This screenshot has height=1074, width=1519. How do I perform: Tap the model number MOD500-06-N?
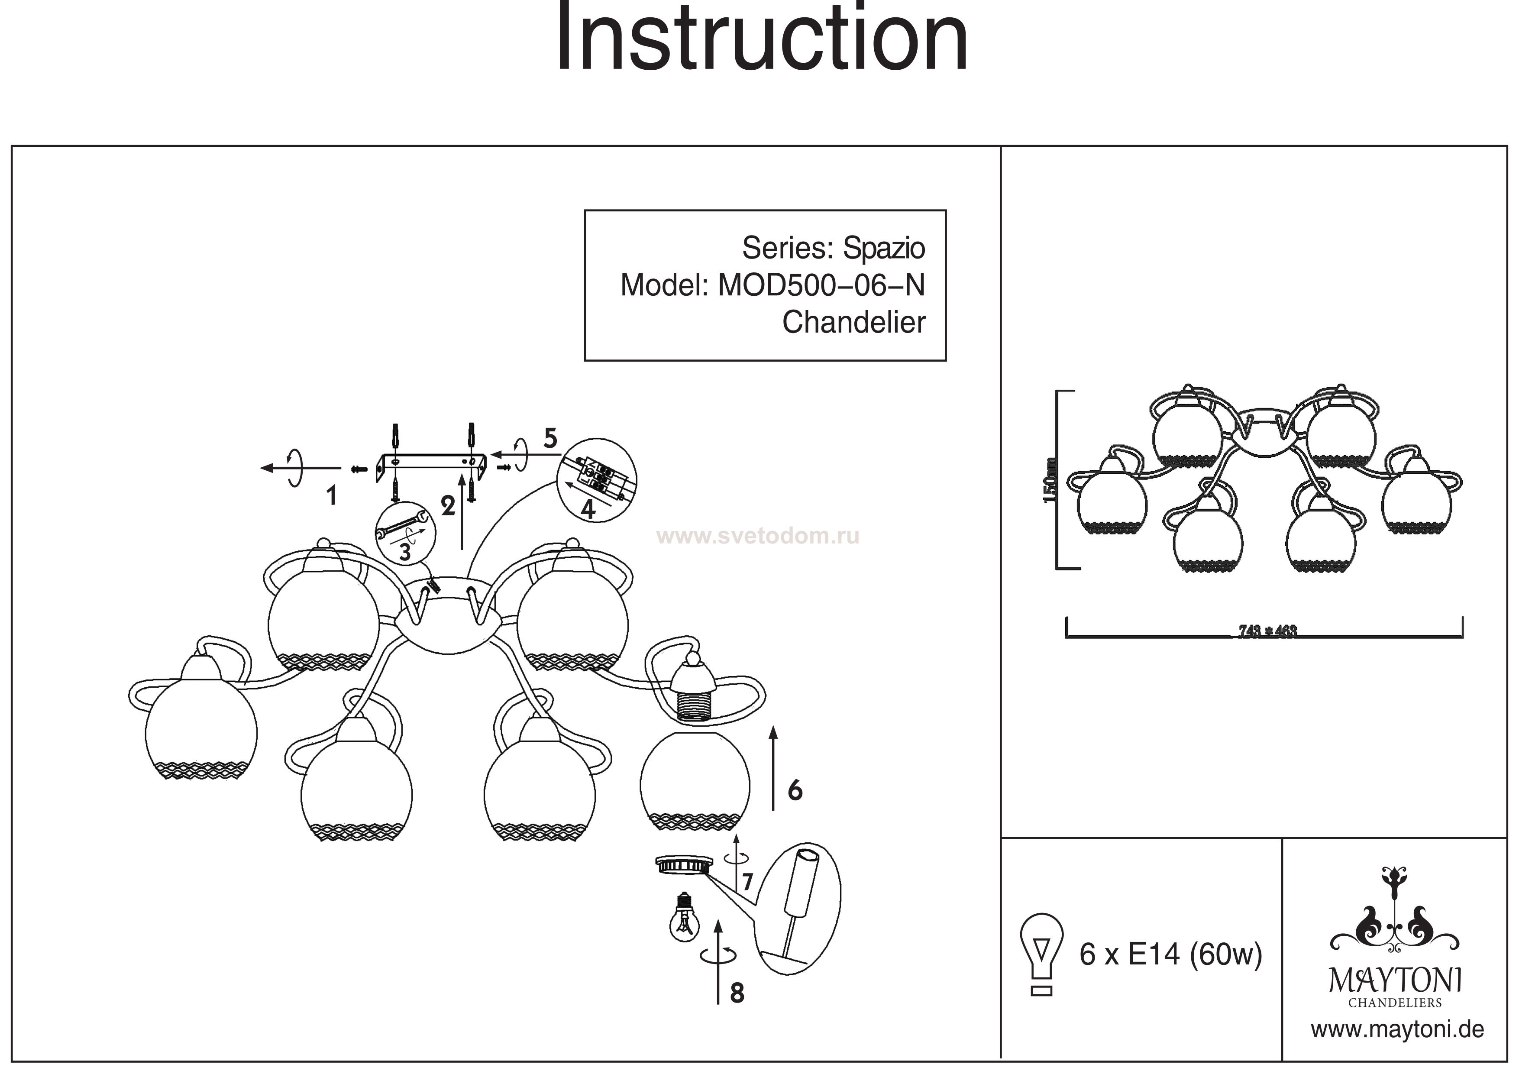pyautogui.click(x=821, y=286)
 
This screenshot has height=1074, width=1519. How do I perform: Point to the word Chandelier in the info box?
pyautogui.click(x=853, y=323)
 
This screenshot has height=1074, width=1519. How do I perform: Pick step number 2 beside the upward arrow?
pyautogui.click(x=448, y=506)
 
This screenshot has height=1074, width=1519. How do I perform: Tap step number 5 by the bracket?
pyautogui.click(x=550, y=439)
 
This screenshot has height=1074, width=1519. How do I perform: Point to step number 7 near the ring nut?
pyautogui.click(x=747, y=882)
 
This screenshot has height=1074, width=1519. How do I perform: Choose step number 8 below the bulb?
pyautogui.click(x=737, y=993)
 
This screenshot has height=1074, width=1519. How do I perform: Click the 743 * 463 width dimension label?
pyautogui.click(x=1267, y=631)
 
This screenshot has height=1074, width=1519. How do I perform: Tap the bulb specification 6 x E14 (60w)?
pyautogui.click(x=1170, y=955)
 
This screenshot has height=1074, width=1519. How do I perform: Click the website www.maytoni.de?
pyautogui.click(x=1397, y=1030)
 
